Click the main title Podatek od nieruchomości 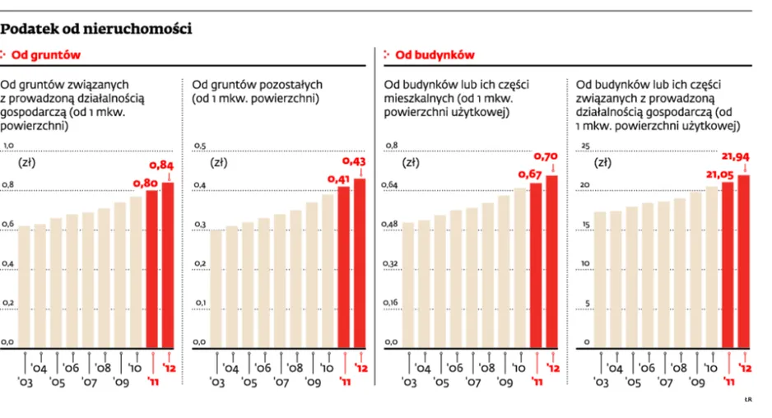click(x=96, y=29)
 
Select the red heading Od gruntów click(x=46, y=55)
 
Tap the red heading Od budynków click(x=435, y=55)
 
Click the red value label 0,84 click(x=161, y=165)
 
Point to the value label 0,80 click(x=145, y=183)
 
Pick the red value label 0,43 click(x=354, y=161)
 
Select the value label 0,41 click(x=338, y=179)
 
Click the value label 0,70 click(x=546, y=156)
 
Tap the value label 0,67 click(x=530, y=174)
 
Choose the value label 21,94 click(x=736, y=156)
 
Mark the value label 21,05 click(x=720, y=174)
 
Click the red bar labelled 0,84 click(x=168, y=266)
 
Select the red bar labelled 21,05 click(x=728, y=266)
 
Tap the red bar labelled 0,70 click(x=552, y=262)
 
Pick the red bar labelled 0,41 click(x=344, y=267)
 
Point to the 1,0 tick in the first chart click(x=8, y=146)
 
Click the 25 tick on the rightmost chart click(x=585, y=146)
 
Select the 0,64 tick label click(x=389, y=185)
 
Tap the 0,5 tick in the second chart click(x=200, y=146)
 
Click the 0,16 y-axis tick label click(x=390, y=303)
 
